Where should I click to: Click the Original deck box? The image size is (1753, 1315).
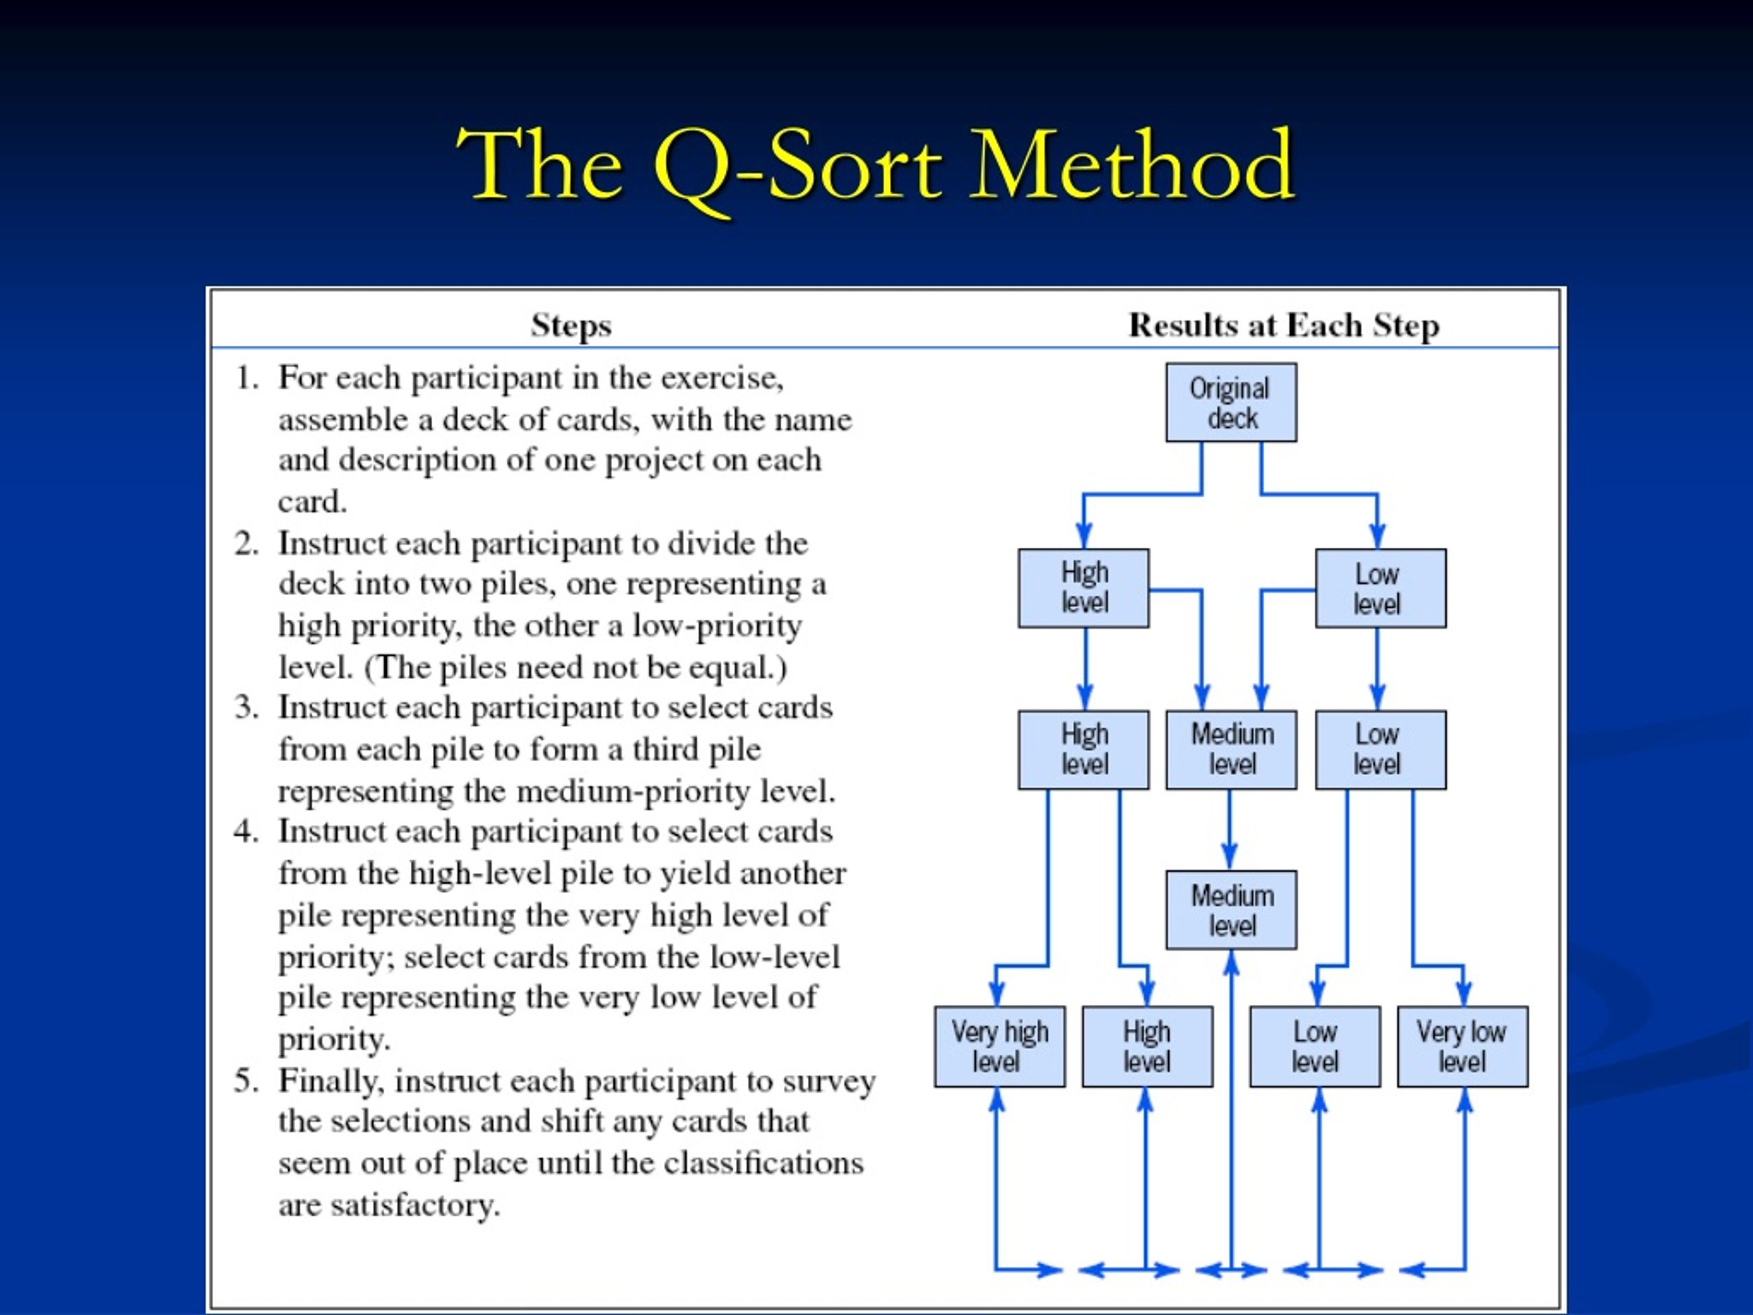tap(1231, 403)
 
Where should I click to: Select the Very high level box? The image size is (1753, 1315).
tap(999, 1047)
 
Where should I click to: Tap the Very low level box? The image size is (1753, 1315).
tap(1462, 1047)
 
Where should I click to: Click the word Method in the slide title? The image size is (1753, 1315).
tap(1133, 166)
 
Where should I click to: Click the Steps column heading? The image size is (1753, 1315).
tap(570, 326)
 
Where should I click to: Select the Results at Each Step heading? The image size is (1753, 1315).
tap(1284, 326)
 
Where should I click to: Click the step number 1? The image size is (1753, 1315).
tap(247, 378)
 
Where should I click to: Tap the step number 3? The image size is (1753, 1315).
tap(247, 707)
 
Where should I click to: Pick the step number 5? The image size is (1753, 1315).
tap(247, 1081)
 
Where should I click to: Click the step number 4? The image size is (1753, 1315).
tap(247, 831)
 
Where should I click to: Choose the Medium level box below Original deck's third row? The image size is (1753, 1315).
tap(1231, 749)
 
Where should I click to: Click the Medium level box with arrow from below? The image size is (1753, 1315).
tap(1231, 910)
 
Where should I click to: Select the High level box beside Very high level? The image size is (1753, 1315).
tap(1147, 1047)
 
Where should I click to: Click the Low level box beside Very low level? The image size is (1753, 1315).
tap(1315, 1047)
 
